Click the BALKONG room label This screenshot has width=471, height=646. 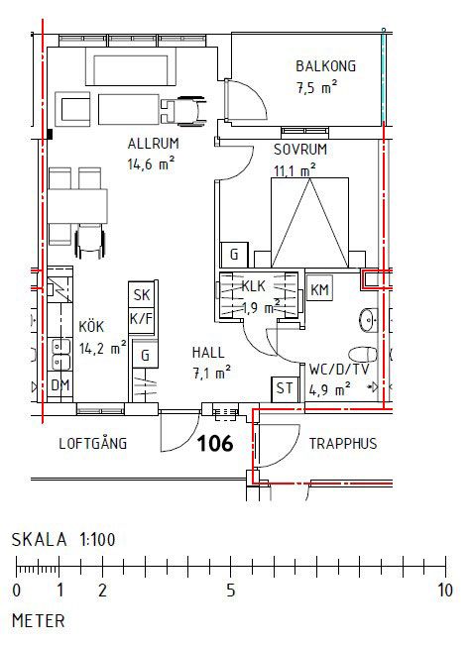tap(325, 66)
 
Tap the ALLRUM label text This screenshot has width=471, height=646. tap(153, 144)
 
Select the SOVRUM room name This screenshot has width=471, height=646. tap(300, 150)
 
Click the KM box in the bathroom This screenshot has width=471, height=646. tap(319, 289)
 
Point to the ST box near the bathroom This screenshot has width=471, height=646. tap(285, 389)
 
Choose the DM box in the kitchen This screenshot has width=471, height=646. tap(59, 385)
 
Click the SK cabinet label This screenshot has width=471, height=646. tap(142, 294)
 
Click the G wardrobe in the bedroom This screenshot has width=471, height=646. tap(234, 255)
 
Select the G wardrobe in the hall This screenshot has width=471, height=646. tap(145, 355)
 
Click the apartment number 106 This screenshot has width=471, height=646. tap(215, 444)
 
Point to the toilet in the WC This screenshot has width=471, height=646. tap(363, 355)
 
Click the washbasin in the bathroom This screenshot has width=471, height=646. tap(368, 320)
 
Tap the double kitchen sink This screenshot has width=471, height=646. tap(60, 355)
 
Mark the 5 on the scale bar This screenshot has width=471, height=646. tap(231, 591)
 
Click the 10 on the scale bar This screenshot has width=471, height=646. tap(445, 591)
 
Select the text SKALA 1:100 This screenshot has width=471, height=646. tap(63, 539)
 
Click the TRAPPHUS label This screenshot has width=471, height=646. tap(343, 444)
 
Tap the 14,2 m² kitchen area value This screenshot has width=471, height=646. tap(103, 349)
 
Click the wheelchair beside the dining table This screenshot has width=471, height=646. tap(90, 242)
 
